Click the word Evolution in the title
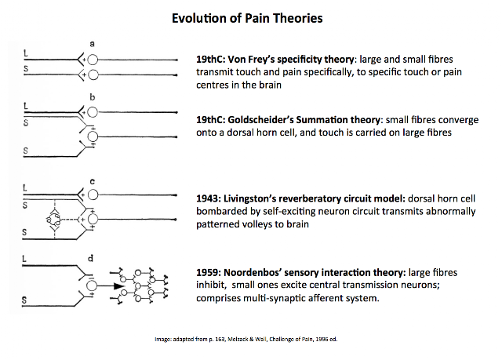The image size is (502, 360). (198, 18)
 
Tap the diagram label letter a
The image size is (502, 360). (93, 43)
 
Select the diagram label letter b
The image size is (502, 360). (93, 96)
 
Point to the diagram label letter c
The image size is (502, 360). (93, 182)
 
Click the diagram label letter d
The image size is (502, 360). (91, 258)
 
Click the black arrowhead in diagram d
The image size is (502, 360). (119, 286)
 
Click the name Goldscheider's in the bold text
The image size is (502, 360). (260, 120)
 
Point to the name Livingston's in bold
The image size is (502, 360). (249, 198)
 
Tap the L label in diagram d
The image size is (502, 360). (24, 259)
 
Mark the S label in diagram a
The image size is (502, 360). (26, 69)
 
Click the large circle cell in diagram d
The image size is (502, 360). (92, 285)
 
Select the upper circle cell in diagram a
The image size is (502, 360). (93, 60)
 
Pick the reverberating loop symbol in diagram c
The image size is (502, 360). (54, 219)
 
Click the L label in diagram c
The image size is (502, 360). (25, 187)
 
